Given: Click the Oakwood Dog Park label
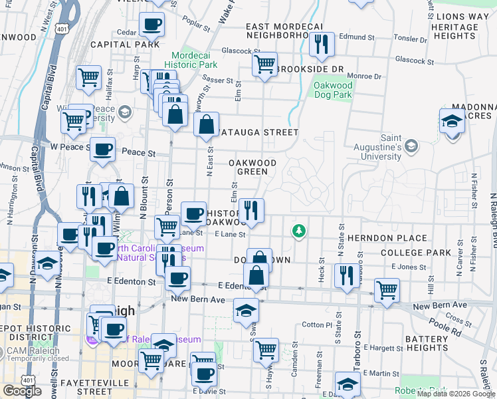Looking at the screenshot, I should pyautogui.click(x=333, y=90).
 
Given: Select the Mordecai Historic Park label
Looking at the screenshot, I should pyautogui.click(x=193, y=61).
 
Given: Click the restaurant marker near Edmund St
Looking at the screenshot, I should pyautogui.click(x=322, y=44).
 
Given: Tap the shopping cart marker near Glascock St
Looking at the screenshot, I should pyautogui.click(x=264, y=65).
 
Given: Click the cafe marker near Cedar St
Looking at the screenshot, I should pyautogui.click(x=151, y=25).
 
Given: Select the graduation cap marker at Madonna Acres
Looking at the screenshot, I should pyautogui.click(x=452, y=121).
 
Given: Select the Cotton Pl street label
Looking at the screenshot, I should pyautogui.click(x=316, y=325).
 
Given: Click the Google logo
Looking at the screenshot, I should pyautogui.click(x=22, y=391).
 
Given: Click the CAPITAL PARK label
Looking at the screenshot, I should pyautogui.click(x=125, y=45).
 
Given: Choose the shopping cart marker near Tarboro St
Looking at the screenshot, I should pyautogui.click(x=387, y=290).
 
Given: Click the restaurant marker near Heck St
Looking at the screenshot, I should pyautogui.click(x=346, y=275).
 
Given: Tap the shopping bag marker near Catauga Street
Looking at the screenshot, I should pyautogui.click(x=207, y=124).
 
